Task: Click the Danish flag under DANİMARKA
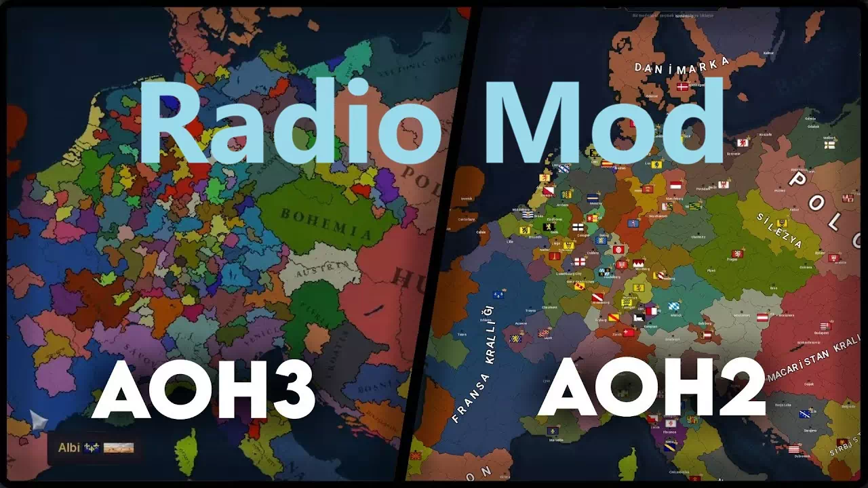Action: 682,87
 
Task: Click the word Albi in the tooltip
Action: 69,447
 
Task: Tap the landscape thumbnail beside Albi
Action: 119,448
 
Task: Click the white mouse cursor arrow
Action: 39,420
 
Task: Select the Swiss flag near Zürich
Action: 629,332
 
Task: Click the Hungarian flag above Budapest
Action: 825,326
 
